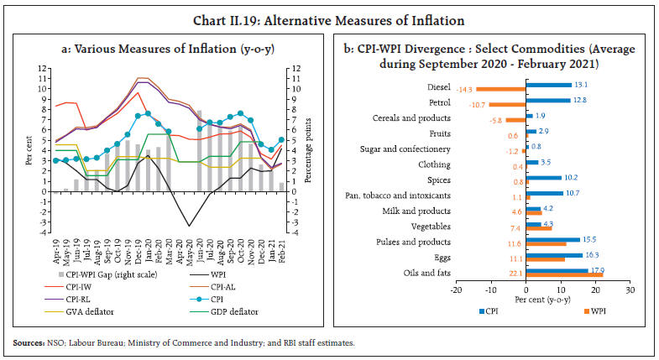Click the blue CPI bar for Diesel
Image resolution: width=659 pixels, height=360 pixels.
pyautogui.click(x=547, y=85)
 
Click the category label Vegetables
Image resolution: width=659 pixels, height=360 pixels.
pyautogui.click(x=430, y=226)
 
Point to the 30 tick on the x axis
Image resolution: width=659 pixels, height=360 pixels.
pyautogui.click(x=629, y=290)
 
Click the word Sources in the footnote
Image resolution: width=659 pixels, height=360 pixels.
pyautogui.click(x=27, y=343)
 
